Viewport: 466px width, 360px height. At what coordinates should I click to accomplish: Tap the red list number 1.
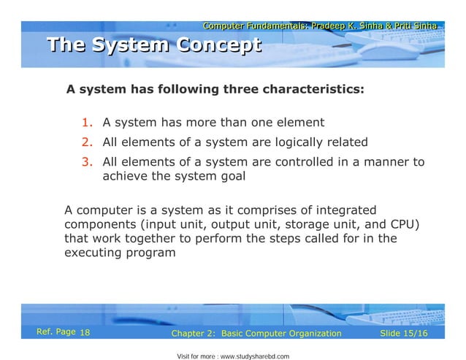(x=85, y=122)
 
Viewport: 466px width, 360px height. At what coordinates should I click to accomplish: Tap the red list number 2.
(x=85, y=142)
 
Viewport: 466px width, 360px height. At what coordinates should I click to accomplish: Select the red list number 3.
(x=85, y=162)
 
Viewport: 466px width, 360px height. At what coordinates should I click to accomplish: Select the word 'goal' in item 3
(x=232, y=176)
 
